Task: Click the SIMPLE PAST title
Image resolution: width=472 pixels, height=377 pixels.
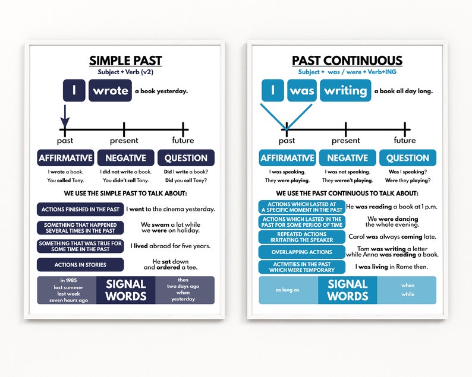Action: click(125, 61)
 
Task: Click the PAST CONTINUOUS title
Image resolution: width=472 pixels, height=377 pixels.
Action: click(347, 61)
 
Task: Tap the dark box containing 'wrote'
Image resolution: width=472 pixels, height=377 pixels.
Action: click(110, 90)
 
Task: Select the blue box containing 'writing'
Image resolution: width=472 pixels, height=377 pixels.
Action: click(345, 90)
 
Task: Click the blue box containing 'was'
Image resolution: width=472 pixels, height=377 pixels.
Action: click(302, 90)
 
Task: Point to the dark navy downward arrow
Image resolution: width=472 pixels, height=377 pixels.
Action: click(65, 114)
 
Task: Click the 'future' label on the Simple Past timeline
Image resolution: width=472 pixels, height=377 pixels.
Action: click(182, 141)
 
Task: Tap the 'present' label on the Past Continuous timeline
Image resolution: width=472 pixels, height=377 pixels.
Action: click(346, 141)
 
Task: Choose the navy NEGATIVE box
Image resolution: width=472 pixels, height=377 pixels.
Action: click(125, 158)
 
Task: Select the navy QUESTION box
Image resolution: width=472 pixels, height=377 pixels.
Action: click(185, 158)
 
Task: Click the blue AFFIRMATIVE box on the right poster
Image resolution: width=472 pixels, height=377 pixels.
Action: click(287, 158)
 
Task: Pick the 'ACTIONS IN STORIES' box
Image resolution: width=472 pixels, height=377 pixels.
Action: click(80, 265)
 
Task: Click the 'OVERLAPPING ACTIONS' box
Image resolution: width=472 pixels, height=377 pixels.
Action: click(302, 252)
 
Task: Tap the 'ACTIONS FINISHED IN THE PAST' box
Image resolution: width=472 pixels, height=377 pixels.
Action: click(80, 210)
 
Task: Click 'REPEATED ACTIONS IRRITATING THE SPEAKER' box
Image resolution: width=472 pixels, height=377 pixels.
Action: click(302, 237)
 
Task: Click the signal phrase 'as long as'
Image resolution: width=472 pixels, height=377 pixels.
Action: click(287, 290)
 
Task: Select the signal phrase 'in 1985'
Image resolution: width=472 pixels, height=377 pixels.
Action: click(69, 280)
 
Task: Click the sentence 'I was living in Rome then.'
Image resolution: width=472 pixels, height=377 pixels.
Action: click(391, 267)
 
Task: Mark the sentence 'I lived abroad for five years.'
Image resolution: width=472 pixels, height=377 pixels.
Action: click(171, 246)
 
